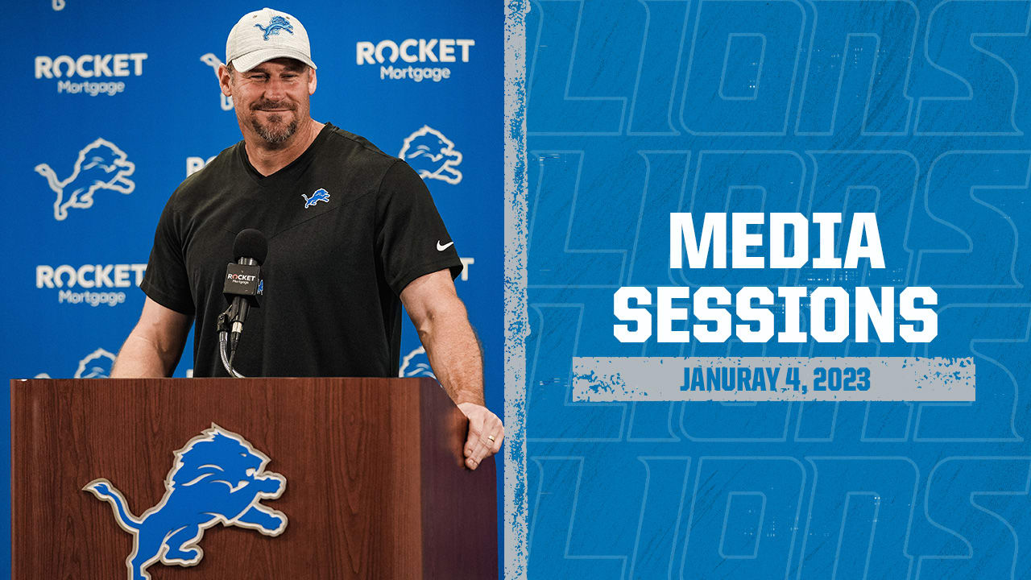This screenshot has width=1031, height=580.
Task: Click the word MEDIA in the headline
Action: pyautogui.click(x=776, y=241)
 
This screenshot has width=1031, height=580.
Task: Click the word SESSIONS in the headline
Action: pyautogui.click(x=776, y=315)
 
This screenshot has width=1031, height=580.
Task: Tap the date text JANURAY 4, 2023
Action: pyautogui.click(x=775, y=379)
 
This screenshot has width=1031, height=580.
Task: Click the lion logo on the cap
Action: pyautogui.click(x=275, y=27)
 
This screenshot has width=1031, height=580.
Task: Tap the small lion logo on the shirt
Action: pyautogui.click(x=316, y=197)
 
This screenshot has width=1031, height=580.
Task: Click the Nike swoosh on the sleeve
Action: pyautogui.click(x=444, y=246)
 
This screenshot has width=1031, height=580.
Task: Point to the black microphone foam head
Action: pyautogui.click(x=250, y=246)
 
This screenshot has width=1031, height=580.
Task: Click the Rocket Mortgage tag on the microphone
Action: pyautogui.click(x=242, y=279)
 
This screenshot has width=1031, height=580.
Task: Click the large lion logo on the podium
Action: pyautogui.click(x=186, y=499)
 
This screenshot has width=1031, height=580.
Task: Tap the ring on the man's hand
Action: pyautogui.click(x=491, y=437)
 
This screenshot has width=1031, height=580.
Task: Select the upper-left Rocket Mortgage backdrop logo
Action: pyautogui.click(x=91, y=73)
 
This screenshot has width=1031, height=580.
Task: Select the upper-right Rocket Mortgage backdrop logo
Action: pyautogui.click(x=415, y=60)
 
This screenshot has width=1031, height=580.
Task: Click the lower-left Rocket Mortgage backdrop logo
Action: pyautogui.click(x=91, y=284)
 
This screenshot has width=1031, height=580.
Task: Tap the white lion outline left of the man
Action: pyautogui.click(x=85, y=179)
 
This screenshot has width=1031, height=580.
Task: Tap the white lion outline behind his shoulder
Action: pyautogui.click(x=431, y=154)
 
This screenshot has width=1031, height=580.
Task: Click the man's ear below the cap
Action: pyautogui.click(x=225, y=81)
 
